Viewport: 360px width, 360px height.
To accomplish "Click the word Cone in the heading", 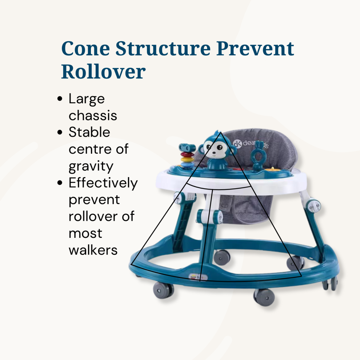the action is (86, 48).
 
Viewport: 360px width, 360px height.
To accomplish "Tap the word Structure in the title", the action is (163, 48).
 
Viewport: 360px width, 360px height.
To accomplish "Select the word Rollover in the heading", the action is (103, 71).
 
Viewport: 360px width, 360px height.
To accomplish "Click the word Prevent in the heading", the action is (255, 48).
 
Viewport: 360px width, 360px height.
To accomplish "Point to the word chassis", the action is (93, 115).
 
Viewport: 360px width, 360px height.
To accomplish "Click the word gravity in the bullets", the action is (91, 167).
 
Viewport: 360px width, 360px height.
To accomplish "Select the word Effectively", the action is (103, 183).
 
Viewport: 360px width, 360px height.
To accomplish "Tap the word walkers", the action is (93, 250).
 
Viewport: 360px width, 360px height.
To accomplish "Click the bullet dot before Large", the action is (60, 99).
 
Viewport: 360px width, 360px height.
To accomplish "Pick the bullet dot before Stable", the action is (60, 132).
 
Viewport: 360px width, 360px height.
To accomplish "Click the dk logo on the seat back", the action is (237, 143).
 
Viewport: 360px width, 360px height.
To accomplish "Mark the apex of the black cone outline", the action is (220, 132).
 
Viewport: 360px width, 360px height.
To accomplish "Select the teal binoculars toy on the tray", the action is (187, 148).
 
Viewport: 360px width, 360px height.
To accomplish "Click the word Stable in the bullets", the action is (89, 132).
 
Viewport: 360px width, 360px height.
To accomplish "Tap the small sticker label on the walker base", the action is (197, 277).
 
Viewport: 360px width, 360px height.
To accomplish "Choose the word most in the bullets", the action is (85, 233).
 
